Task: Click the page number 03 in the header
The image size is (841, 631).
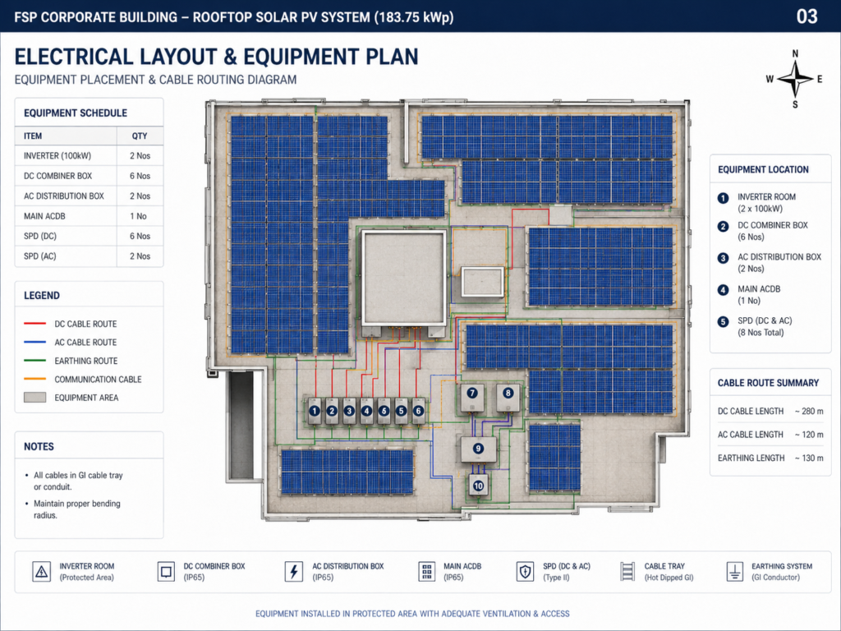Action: click(x=807, y=16)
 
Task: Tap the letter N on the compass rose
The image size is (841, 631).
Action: click(x=795, y=53)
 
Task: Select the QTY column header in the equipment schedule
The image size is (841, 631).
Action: click(x=140, y=136)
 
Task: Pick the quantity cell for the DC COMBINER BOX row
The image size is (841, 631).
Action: click(x=140, y=176)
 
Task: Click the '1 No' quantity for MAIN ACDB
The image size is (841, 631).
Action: click(x=138, y=216)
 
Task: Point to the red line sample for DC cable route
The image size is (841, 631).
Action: click(x=34, y=324)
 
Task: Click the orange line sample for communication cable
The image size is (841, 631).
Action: click(x=34, y=379)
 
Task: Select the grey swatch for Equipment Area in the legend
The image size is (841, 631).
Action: click(x=34, y=398)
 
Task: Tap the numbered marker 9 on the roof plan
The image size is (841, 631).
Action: click(x=478, y=448)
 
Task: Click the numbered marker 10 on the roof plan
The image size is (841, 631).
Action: click(x=479, y=486)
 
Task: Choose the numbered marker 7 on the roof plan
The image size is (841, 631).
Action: click(x=472, y=393)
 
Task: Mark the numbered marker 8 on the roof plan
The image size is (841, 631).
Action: click(x=508, y=393)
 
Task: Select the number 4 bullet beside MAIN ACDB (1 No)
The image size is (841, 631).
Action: click(x=723, y=290)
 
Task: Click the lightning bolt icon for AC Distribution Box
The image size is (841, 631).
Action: click(x=293, y=572)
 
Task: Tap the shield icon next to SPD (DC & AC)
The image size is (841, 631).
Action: click(x=525, y=572)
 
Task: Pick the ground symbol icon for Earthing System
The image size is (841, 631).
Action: click(x=734, y=572)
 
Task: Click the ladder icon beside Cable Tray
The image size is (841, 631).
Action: click(x=627, y=572)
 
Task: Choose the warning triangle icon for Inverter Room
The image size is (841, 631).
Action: click(x=41, y=572)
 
